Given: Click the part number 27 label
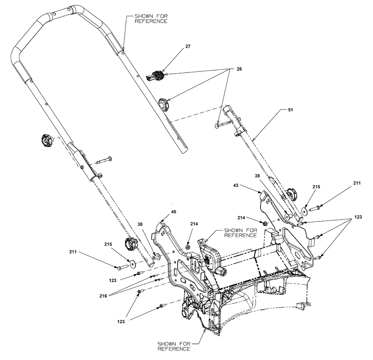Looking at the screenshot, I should point(188,47).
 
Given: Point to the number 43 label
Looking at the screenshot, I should point(236,185).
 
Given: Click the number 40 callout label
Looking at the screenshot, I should point(174,212).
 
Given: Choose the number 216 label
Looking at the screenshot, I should point(103,295).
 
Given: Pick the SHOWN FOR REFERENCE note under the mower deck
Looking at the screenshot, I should point(174,346).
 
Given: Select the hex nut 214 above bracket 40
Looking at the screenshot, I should point(188,247).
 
